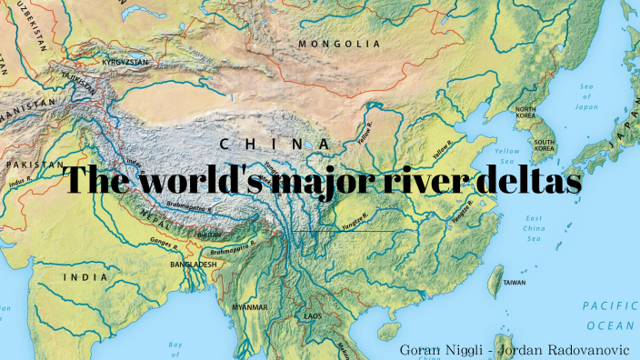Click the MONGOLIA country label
[x=339, y=43]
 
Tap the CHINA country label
[x=275, y=144]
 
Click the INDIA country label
[x=85, y=275]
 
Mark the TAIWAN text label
[x=514, y=283]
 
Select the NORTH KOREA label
[x=525, y=114]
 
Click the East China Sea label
[x=534, y=225]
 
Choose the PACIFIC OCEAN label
[x=610, y=315]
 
